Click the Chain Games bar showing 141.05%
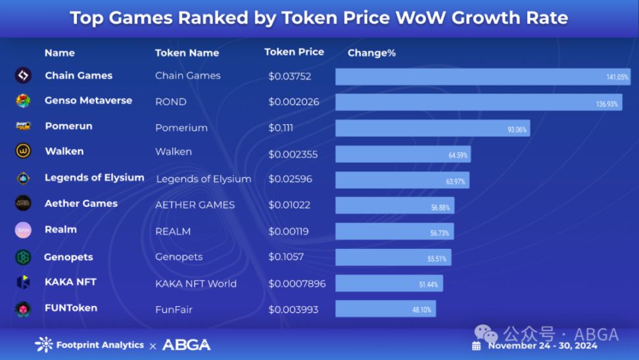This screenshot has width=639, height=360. click(x=483, y=77)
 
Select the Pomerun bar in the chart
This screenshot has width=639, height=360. click(x=433, y=128)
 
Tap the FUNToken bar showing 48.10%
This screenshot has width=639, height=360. click(x=385, y=309)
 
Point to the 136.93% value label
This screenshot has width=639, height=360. click(x=606, y=104)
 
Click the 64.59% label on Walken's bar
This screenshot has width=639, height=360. click(x=458, y=155)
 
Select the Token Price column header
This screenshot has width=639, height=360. click(x=294, y=52)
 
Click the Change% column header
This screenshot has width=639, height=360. click(x=371, y=53)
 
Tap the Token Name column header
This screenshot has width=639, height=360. click(x=187, y=53)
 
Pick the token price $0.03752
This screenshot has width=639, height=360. click(x=289, y=76)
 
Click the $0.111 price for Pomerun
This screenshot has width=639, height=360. click(x=281, y=127)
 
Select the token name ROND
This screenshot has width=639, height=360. click(x=171, y=102)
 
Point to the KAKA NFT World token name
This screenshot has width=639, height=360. click(x=196, y=284)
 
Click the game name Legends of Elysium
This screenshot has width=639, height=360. click(x=94, y=177)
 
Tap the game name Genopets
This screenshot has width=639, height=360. click(x=68, y=257)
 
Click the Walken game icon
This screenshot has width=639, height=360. click(x=23, y=151)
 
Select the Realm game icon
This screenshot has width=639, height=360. click(x=23, y=230)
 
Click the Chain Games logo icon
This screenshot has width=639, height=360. click(x=23, y=76)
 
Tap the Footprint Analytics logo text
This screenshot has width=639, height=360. click(x=100, y=345)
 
